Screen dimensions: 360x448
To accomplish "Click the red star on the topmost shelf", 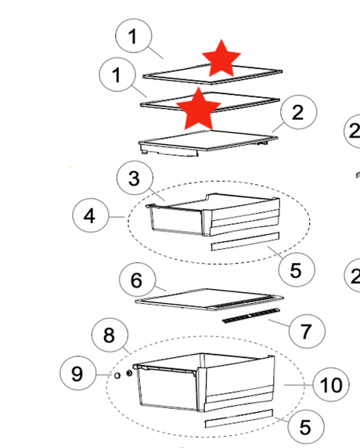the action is (x=221, y=59).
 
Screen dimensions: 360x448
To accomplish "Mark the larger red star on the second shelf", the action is (x=199, y=109).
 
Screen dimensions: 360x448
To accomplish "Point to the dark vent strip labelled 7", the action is (x=251, y=316).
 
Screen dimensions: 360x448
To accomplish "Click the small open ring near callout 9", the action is (x=117, y=375).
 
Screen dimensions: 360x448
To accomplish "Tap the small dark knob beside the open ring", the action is (x=129, y=373).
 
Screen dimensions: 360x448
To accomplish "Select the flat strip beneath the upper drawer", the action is (x=245, y=241).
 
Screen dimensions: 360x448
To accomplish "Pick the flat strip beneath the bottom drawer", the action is (x=239, y=418).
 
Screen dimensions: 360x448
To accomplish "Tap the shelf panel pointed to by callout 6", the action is (x=209, y=299).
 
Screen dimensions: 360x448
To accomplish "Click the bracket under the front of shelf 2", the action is (x=169, y=150).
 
